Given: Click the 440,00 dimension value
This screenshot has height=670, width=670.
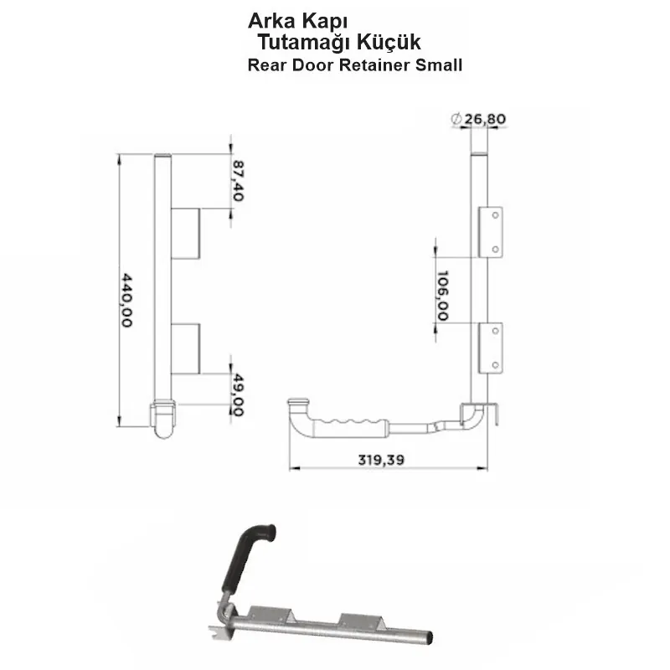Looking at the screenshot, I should tap(127, 300).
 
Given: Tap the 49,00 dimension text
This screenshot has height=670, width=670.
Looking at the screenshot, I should tap(237, 396).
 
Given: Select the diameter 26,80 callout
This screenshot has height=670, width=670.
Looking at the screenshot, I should tap(478, 119).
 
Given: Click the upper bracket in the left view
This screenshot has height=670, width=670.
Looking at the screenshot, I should tap(186, 234).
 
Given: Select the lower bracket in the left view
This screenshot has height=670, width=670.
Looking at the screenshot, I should tap(186, 348).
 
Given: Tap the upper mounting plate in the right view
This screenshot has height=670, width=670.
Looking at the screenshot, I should tap(494, 232).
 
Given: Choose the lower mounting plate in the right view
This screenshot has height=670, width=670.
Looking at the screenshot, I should tap(494, 348).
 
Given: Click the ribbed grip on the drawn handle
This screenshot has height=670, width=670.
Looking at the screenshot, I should tap(350, 423).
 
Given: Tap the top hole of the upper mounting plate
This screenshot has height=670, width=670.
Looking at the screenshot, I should tap(496, 216).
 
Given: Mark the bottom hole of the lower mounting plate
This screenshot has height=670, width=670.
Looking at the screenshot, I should tap(496, 363).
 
